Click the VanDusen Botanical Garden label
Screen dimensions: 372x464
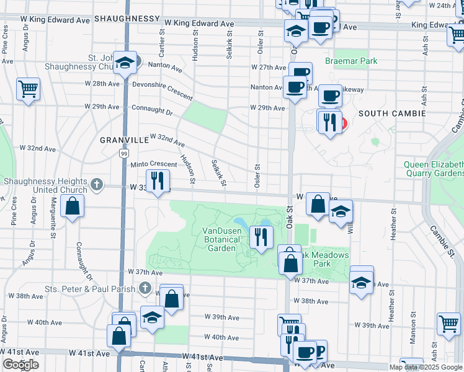coord(220,239)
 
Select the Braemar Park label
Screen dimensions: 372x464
coord(350,61)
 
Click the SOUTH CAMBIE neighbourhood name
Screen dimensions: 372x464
coord(391,113)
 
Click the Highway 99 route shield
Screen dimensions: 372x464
coord(125,153)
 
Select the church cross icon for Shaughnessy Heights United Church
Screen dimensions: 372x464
coord(96,184)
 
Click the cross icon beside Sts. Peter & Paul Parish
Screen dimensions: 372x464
coord(145,288)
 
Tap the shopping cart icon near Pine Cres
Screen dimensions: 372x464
coord(28,89)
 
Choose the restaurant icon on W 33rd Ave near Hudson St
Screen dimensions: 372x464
coord(158,180)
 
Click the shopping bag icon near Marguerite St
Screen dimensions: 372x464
coord(73,206)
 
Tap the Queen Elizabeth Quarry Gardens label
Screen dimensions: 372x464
coord(433,169)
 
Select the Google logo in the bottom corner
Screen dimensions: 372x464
coord(20,365)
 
